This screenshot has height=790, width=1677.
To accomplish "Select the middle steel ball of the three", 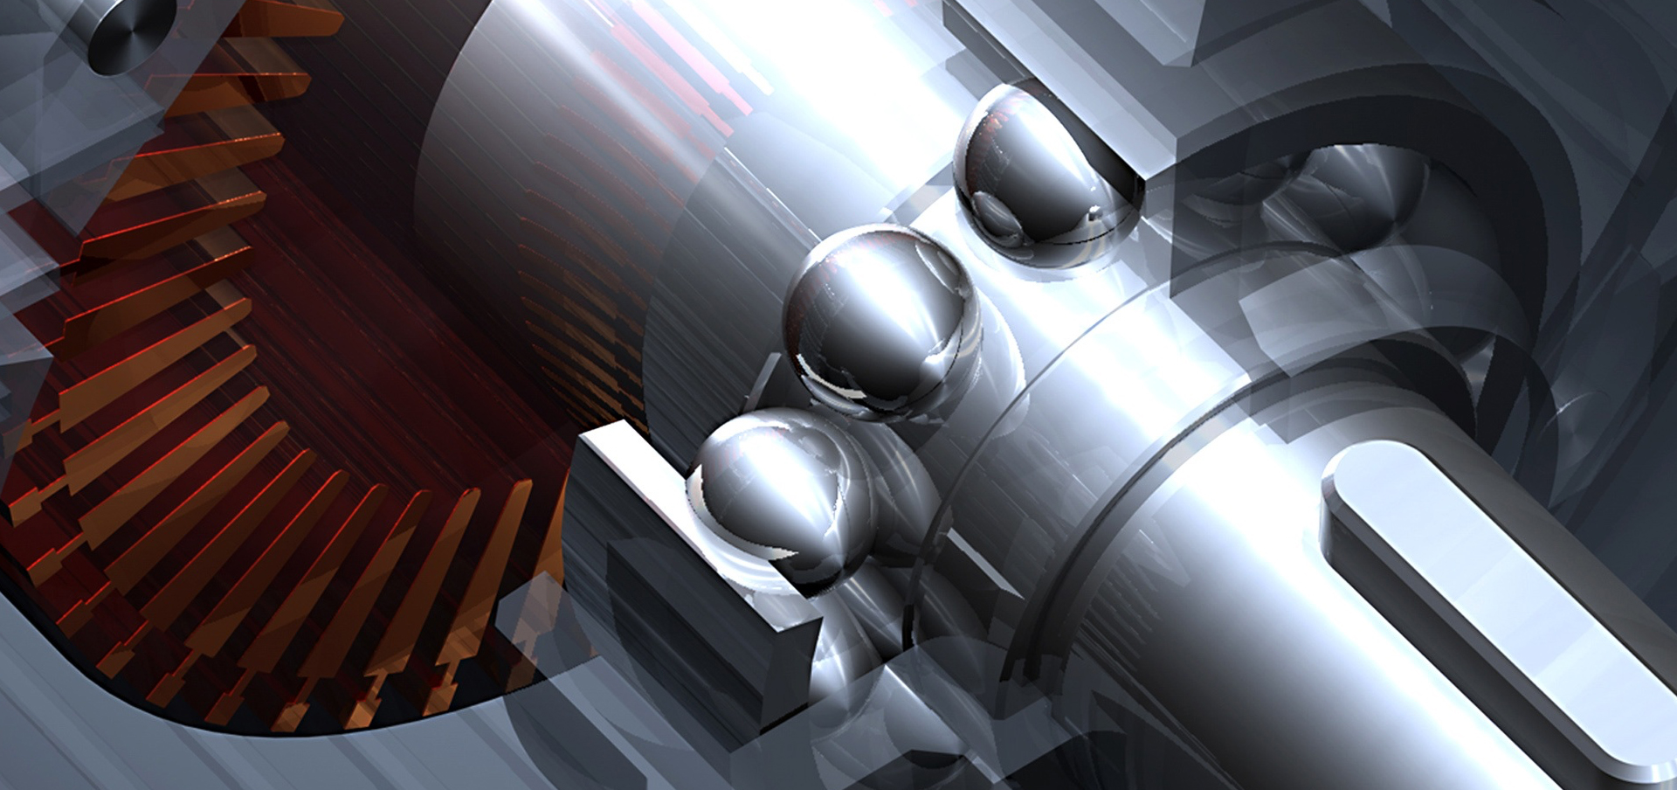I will click(882, 319).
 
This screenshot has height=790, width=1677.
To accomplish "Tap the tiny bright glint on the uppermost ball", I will click(1093, 211).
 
